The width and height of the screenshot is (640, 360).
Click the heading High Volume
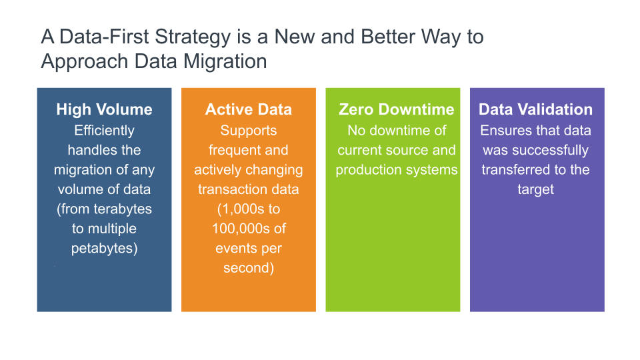click(x=104, y=110)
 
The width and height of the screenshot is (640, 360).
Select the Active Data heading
click(x=248, y=110)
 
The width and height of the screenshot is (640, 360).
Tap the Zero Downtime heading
click(x=396, y=110)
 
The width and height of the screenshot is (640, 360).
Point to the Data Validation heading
click(x=535, y=110)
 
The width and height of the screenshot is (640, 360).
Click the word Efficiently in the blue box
click(x=104, y=131)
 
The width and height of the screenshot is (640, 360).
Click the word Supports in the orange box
click(x=248, y=131)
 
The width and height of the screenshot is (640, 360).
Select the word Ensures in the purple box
click(x=505, y=131)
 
